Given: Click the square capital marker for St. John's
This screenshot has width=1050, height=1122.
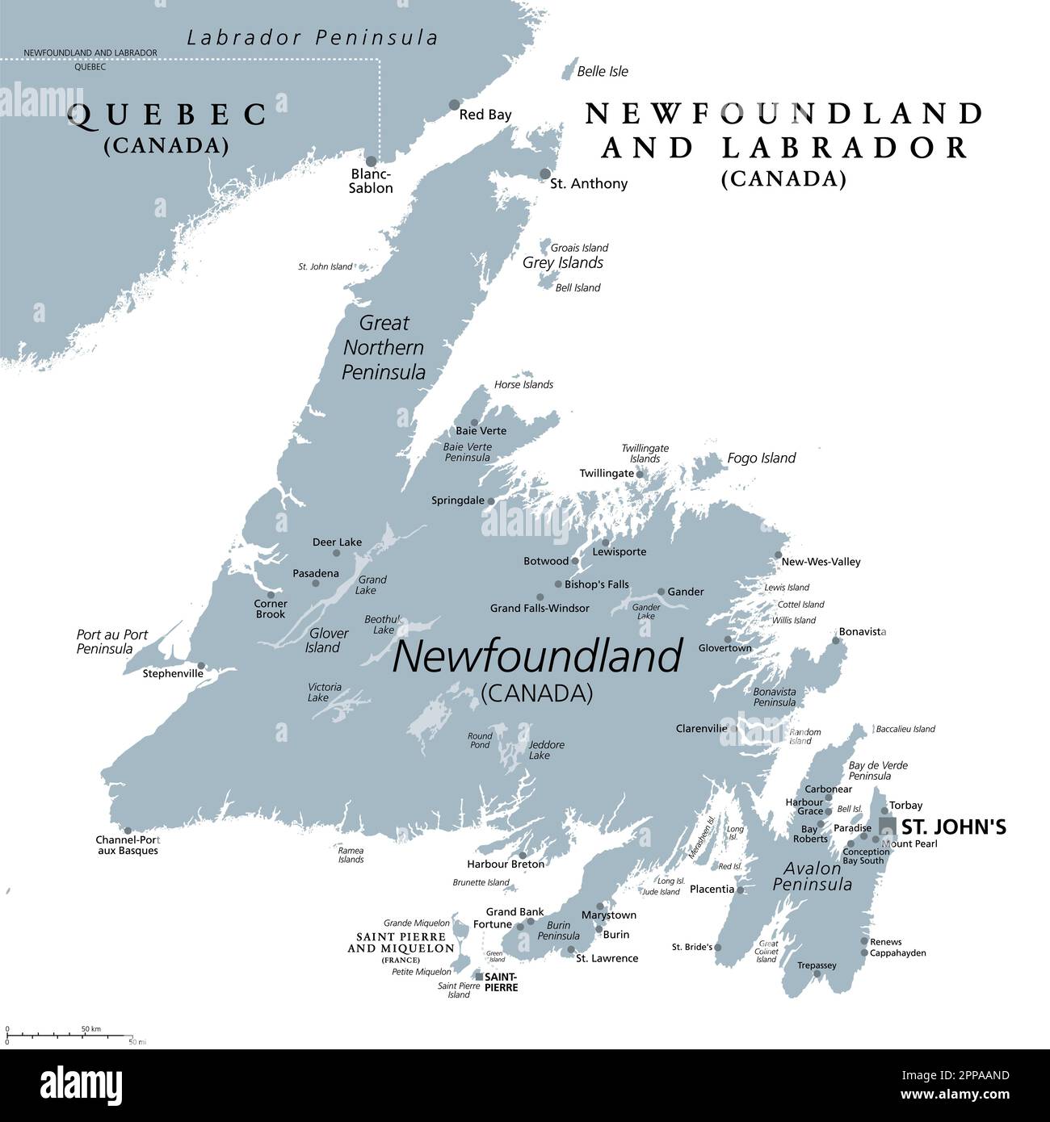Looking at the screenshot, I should (887, 825).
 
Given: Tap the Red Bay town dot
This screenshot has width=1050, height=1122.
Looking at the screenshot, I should (455, 105).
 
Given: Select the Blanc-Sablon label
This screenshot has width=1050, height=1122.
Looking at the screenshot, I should (371, 181).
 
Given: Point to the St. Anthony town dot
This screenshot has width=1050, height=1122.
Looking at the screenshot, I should (545, 174).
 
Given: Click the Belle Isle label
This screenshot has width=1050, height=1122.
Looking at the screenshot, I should (602, 71).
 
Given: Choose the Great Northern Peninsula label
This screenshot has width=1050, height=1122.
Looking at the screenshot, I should (384, 347).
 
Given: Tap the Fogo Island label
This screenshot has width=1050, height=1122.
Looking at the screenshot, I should (761, 458).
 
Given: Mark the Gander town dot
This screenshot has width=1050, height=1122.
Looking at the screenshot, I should (661, 592).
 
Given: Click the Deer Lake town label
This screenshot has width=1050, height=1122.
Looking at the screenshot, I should (337, 542).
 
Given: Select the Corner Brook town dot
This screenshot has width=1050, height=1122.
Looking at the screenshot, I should (271, 595).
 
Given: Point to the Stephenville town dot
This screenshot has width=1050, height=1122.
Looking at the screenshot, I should (200, 666).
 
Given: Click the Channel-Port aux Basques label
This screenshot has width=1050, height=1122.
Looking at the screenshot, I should (127, 844).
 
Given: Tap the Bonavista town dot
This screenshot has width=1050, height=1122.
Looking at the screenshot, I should (836, 641).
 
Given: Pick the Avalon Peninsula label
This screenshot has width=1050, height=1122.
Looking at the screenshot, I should (812, 877).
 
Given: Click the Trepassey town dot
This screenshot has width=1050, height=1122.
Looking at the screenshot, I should (817, 974).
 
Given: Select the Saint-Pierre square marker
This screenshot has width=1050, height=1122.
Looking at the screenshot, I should (479, 977).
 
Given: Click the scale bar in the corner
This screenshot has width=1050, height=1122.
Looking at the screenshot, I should (69, 1035).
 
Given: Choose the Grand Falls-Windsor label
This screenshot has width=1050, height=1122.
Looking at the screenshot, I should (540, 608).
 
